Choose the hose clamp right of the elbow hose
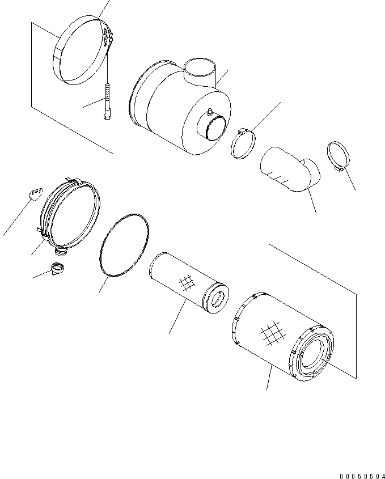pyautogui.click(x=339, y=156)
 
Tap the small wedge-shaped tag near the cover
pyautogui.click(x=35, y=194)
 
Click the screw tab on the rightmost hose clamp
pyautogui.click(x=338, y=168)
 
